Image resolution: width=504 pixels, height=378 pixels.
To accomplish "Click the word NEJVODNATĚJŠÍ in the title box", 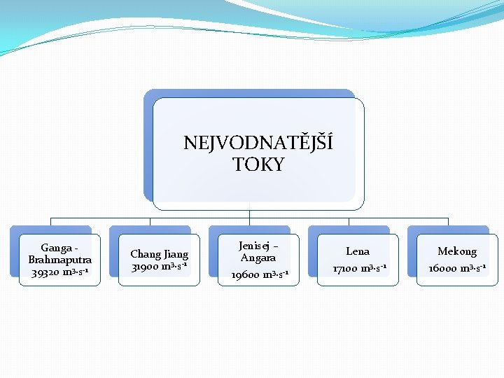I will click(258, 143).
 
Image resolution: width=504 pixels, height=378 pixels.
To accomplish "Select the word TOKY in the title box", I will click(258, 164).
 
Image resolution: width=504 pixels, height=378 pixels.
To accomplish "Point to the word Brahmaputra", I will click(60, 260).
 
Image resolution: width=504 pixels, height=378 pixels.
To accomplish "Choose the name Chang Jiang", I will click(159, 254).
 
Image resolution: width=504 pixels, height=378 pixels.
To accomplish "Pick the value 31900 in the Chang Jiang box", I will click(146, 267).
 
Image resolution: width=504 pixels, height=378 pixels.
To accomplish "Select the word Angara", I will click(258, 258).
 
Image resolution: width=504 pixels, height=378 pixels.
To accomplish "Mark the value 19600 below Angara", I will click(245, 275).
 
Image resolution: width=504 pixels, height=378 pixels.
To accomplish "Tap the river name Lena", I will click(358, 251).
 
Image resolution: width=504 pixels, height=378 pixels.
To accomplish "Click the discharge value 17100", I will click(344, 268).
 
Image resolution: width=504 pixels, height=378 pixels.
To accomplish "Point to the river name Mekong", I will click(457, 251).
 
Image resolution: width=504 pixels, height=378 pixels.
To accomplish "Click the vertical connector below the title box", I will click(250, 213).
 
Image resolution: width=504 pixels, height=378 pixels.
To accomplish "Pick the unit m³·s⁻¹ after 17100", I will click(373, 268).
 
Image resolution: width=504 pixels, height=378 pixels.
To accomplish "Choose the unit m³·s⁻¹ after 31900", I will click(175, 267).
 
